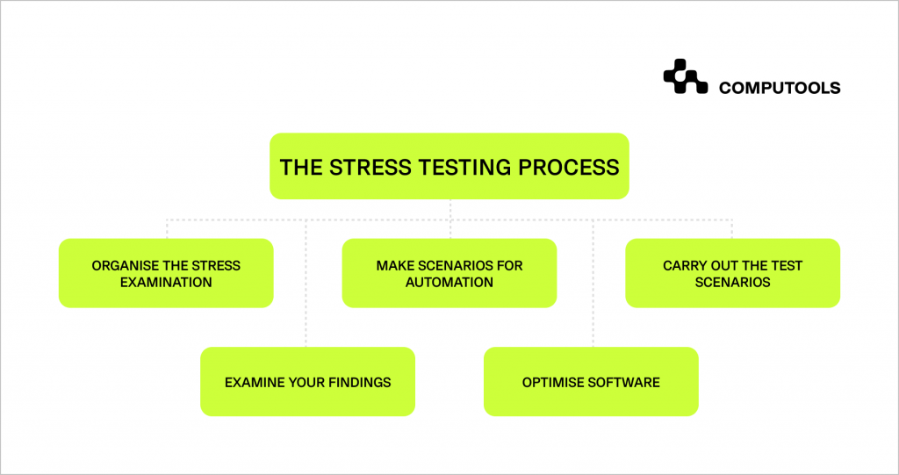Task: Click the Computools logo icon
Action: (x=685, y=76)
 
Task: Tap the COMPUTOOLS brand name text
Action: (x=780, y=88)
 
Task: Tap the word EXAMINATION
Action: (x=166, y=282)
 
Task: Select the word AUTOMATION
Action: (x=449, y=282)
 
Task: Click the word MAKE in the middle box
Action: (x=394, y=265)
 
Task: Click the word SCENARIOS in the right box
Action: (x=732, y=282)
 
